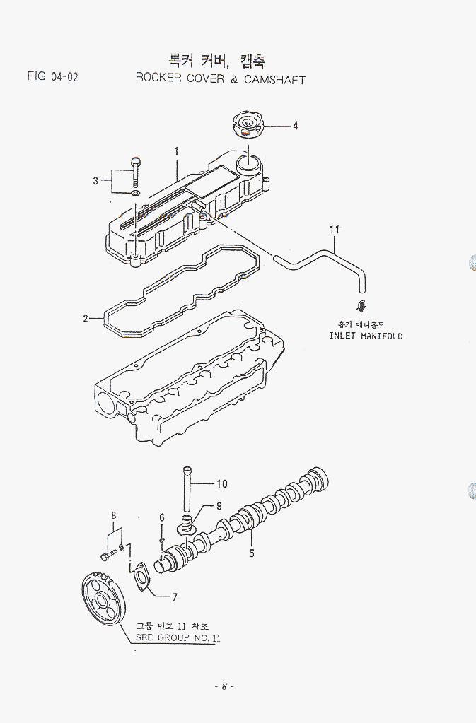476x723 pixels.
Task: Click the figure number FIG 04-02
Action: [x=52, y=76]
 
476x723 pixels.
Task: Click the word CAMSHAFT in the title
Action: [x=274, y=79]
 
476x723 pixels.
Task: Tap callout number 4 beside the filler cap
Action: [x=295, y=127]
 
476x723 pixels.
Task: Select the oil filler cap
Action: [x=247, y=127]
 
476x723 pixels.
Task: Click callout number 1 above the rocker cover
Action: [x=175, y=151]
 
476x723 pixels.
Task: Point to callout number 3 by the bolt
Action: [x=95, y=181]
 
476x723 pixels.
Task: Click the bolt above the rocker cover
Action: [x=136, y=170]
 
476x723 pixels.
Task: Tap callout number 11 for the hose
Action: [x=335, y=229]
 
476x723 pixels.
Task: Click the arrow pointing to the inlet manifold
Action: [x=361, y=305]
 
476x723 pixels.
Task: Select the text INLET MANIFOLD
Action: [x=365, y=336]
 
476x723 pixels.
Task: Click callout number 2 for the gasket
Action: [x=86, y=319]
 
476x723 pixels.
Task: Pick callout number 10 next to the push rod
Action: [x=221, y=484]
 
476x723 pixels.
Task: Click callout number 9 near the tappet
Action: [x=219, y=505]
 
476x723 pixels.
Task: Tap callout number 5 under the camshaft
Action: [x=251, y=553]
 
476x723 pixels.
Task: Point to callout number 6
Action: [x=161, y=517]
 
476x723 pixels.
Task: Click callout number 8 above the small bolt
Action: [x=113, y=516]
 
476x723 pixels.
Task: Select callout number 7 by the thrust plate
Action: [x=174, y=597]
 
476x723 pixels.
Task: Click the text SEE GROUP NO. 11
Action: [x=178, y=637]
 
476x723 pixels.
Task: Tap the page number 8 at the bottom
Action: [x=224, y=686]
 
